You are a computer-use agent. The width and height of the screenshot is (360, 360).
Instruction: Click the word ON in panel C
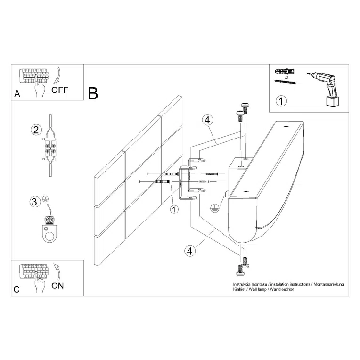(x=57, y=285)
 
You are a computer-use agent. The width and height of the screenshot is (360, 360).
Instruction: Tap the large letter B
(x=93, y=93)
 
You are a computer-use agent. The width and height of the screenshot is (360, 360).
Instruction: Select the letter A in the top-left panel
(x=17, y=94)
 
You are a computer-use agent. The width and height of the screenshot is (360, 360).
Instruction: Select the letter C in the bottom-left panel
(x=16, y=290)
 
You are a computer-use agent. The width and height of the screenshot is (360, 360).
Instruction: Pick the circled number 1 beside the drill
(x=281, y=100)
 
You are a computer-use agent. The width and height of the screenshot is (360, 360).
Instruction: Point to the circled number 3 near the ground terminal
(x=34, y=202)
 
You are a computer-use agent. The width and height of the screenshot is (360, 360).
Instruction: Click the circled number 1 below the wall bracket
(x=174, y=209)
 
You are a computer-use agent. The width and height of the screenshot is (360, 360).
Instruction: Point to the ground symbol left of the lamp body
(x=214, y=207)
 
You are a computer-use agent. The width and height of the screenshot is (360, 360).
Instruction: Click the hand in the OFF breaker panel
(x=40, y=89)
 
